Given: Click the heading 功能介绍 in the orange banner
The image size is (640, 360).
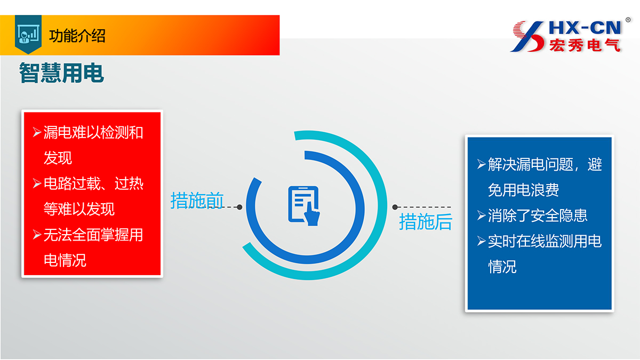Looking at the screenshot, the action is click(x=77, y=36).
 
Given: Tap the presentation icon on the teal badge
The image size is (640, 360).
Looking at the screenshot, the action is click(x=28, y=34).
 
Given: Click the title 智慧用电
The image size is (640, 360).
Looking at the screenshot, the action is click(x=61, y=73).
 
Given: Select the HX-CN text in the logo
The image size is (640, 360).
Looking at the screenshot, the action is click(x=585, y=28).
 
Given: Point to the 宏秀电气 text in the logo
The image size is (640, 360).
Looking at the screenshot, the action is click(x=585, y=45).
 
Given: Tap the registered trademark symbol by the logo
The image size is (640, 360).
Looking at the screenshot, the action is click(x=628, y=20).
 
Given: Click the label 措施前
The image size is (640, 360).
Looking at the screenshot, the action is click(x=197, y=201).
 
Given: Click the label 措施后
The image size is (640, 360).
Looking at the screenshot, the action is click(x=426, y=222).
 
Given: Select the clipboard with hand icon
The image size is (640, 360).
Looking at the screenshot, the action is click(x=304, y=205).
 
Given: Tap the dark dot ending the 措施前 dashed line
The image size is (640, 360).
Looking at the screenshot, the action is click(x=239, y=207).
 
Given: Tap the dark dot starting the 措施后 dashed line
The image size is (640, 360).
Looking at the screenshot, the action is click(x=395, y=207).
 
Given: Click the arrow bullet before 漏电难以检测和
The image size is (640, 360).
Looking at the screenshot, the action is click(x=37, y=132).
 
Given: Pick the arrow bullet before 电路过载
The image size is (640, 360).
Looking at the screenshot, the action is click(x=37, y=183).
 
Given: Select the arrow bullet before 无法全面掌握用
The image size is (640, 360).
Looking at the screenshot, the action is click(x=37, y=235).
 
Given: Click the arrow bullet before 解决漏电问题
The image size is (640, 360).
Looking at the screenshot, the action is click(x=482, y=164).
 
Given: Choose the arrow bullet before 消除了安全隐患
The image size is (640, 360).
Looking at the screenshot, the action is click(x=482, y=215).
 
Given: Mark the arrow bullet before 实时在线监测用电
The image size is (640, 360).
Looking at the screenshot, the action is click(x=482, y=241).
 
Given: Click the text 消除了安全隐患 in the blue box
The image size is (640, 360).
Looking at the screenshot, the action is click(x=538, y=215).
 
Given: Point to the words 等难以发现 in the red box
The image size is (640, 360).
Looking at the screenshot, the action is click(x=79, y=209).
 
